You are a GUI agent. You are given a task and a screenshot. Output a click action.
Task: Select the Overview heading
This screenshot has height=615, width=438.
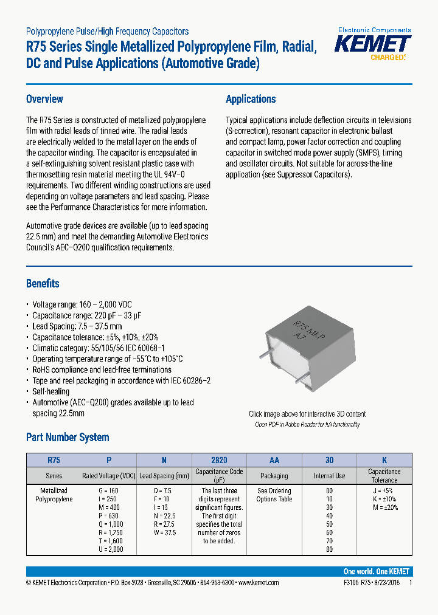(44, 99)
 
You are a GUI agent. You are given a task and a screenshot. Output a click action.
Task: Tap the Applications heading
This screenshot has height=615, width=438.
(251, 99)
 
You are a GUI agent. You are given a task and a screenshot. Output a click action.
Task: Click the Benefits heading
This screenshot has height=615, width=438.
(43, 283)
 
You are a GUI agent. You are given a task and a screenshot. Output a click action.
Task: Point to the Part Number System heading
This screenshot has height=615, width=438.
(68, 437)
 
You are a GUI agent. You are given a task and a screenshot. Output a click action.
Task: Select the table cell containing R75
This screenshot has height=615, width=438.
(54, 460)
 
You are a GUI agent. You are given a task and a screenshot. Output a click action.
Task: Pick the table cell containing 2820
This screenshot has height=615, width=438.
(219, 460)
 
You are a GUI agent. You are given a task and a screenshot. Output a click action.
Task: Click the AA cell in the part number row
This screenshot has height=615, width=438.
(274, 460)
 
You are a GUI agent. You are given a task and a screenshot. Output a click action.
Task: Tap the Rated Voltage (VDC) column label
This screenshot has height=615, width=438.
(109, 476)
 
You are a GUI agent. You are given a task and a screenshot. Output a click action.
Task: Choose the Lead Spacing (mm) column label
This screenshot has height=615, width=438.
(164, 476)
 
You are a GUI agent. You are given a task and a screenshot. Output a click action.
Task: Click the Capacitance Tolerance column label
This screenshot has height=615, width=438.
(384, 475)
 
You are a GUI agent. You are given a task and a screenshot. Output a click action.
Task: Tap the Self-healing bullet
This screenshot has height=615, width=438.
(50, 391)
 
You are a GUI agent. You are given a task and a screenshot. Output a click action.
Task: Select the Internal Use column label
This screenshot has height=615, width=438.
(329, 476)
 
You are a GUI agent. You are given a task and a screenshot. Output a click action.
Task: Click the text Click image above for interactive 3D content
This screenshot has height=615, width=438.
(307, 414)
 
